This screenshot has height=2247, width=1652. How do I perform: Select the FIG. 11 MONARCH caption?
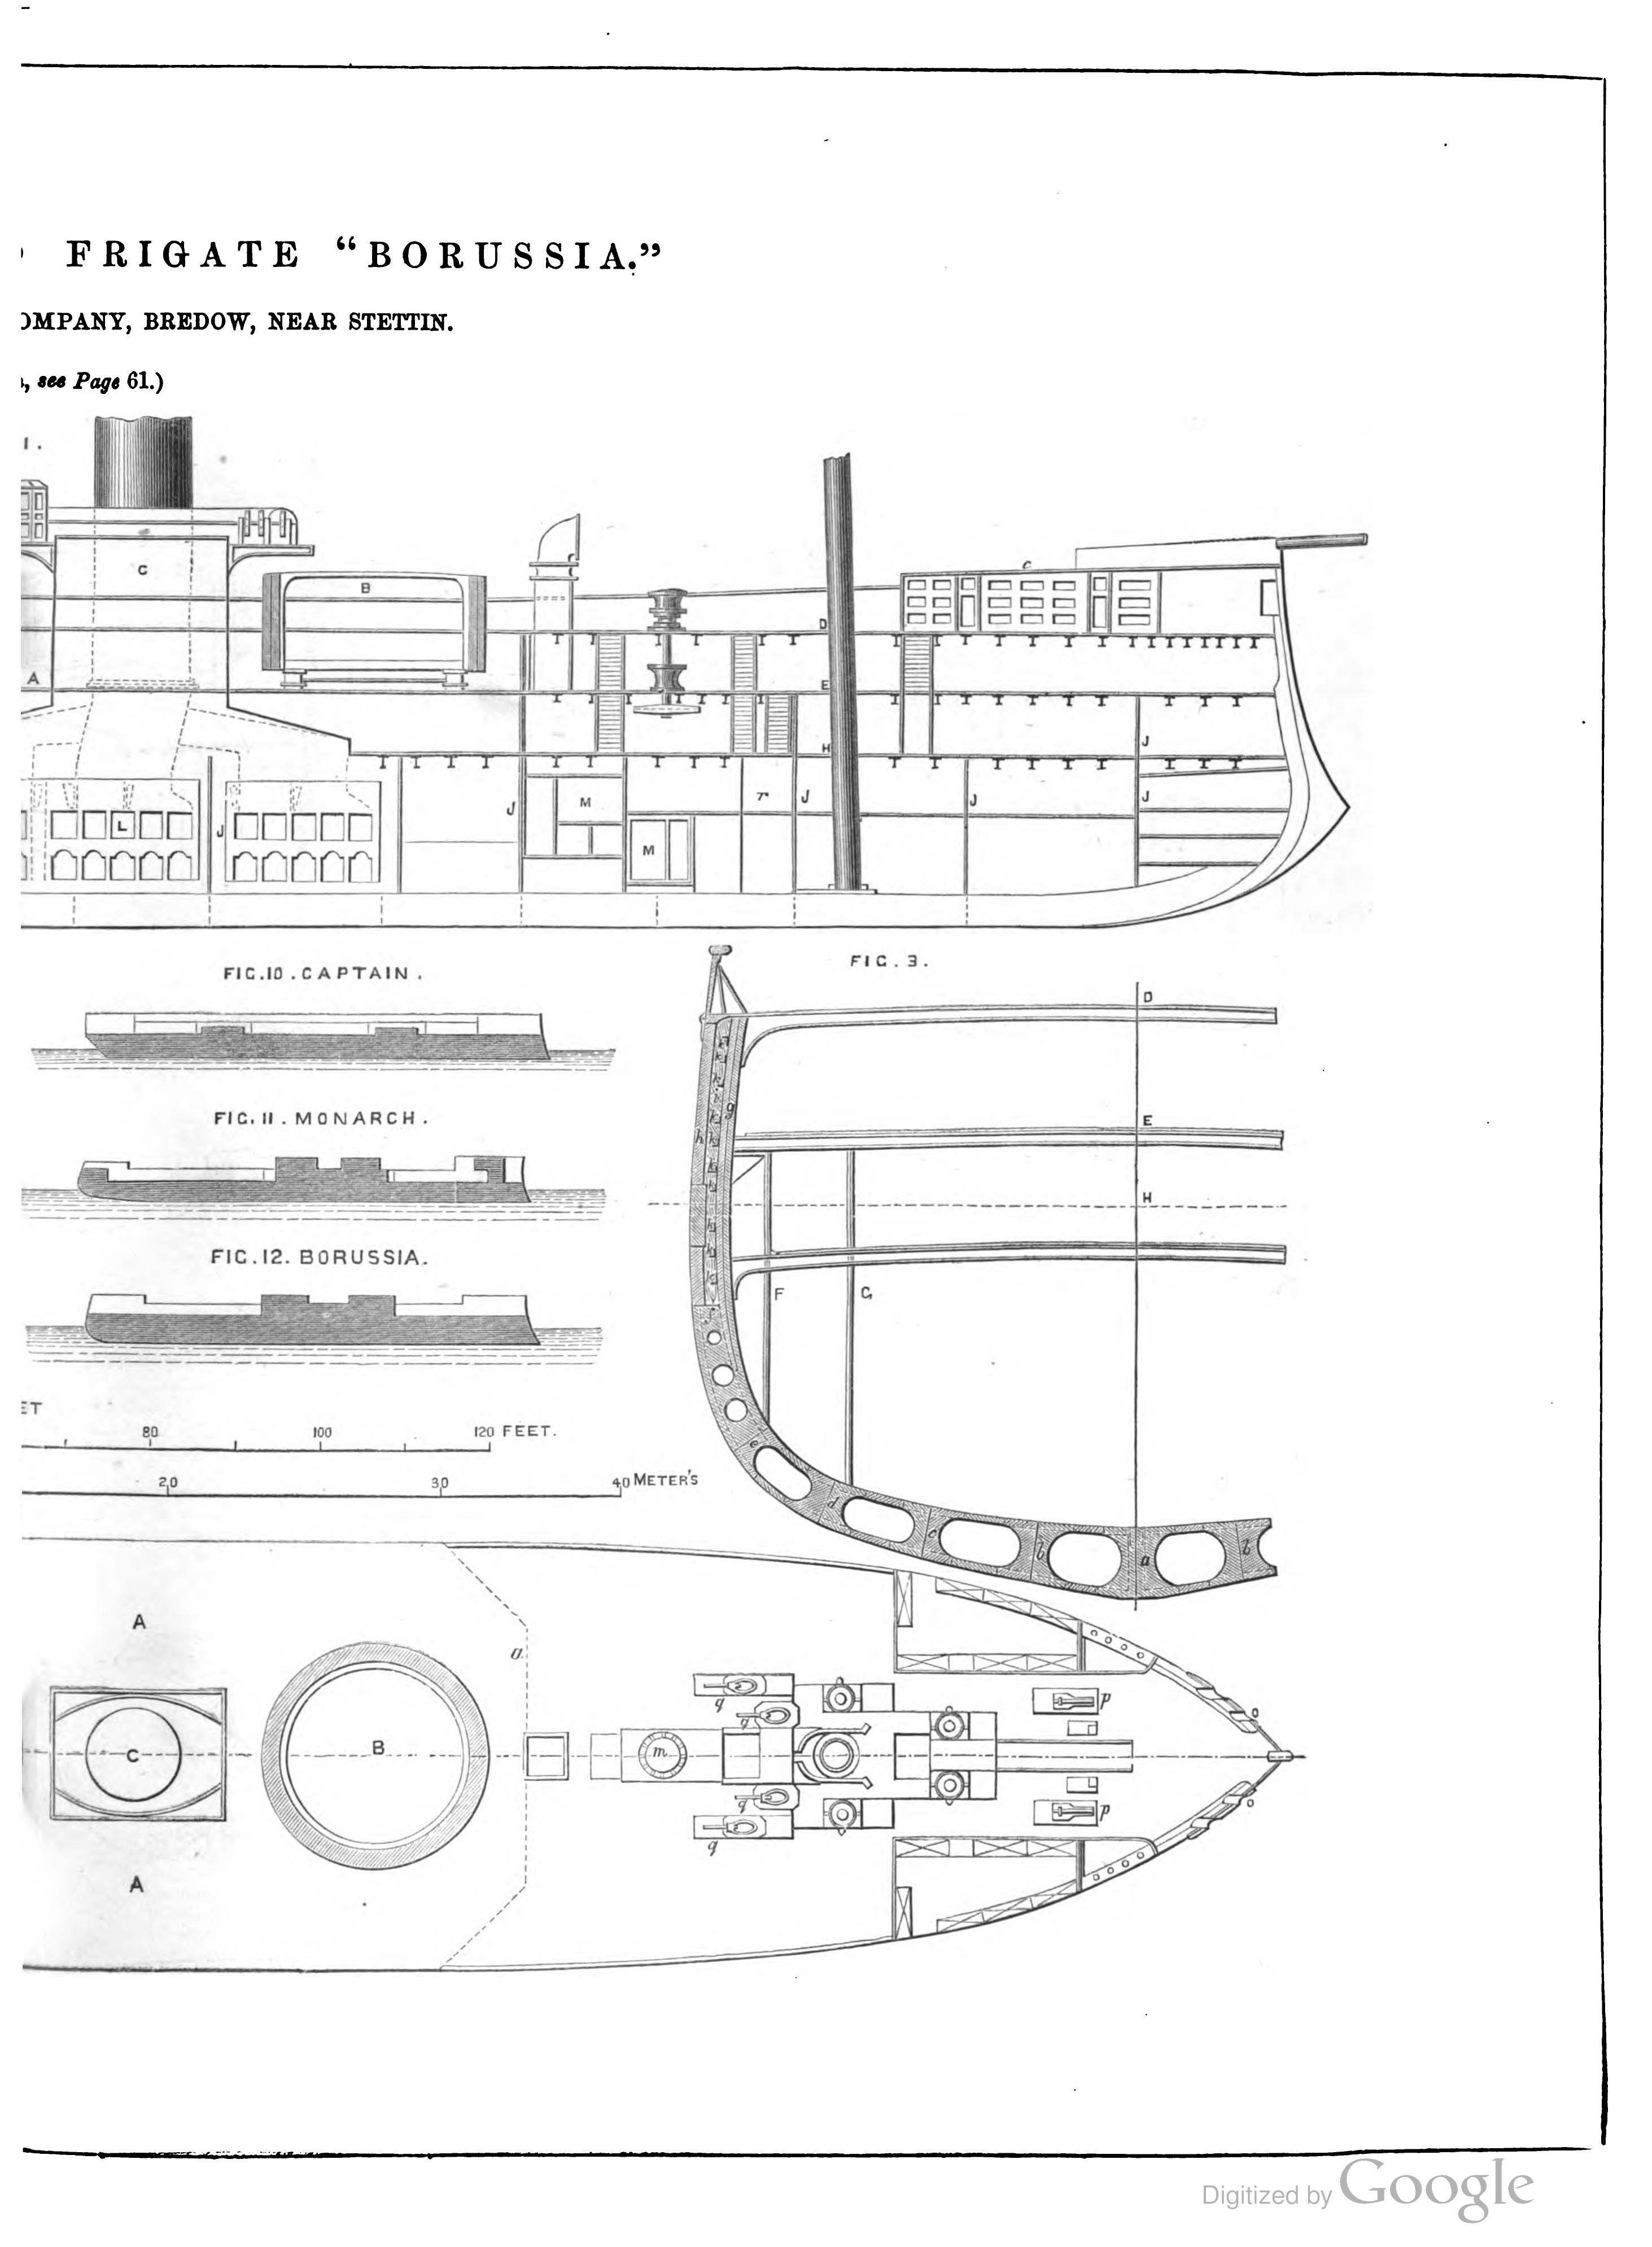(320, 1119)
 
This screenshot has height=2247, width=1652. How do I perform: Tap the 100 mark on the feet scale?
(321, 1433)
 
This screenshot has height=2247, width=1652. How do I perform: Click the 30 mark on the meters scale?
(439, 1483)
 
